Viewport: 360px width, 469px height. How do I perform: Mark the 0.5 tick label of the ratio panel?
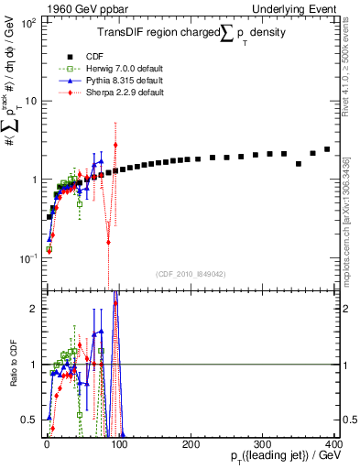pyautogui.click(x=28, y=420)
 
